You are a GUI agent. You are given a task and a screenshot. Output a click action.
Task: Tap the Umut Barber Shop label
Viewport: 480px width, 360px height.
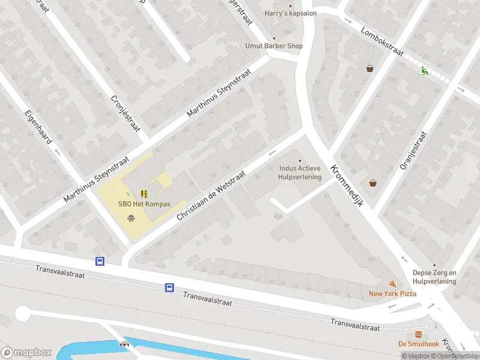pyautogui.click(x=274, y=46)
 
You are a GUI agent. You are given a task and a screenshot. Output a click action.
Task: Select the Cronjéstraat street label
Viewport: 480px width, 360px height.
pyautogui.click(x=125, y=113)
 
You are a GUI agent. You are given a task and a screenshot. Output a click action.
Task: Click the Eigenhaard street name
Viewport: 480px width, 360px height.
pyautogui.click(x=39, y=130)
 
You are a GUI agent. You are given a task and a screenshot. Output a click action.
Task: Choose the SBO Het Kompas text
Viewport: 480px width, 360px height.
pyautogui.click(x=144, y=204)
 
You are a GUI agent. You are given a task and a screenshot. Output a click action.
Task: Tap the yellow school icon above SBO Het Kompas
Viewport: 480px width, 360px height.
pyautogui.click(x=144, y=193)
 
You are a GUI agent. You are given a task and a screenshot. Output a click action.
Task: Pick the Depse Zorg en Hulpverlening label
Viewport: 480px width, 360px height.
pyautogui.click(x=434, y=277)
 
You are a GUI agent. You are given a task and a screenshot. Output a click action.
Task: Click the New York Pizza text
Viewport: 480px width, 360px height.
pyautogui.click(x=392, y=293)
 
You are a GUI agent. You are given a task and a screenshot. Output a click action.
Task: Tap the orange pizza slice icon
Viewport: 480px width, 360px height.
pyautogui.click(x=392, y=283)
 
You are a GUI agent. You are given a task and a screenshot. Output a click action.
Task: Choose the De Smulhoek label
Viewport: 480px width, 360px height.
pyautogui.click(x=418, y=344)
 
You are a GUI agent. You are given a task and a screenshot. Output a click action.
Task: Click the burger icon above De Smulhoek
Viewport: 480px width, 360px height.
pyautogui.click(x=418, y=334)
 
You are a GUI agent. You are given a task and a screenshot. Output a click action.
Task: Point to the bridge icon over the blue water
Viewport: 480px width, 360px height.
pyautogui.click(x=125, y=344)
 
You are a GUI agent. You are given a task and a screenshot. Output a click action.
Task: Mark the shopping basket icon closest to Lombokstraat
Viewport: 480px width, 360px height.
pyautogui.click(x=370, y=68)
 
